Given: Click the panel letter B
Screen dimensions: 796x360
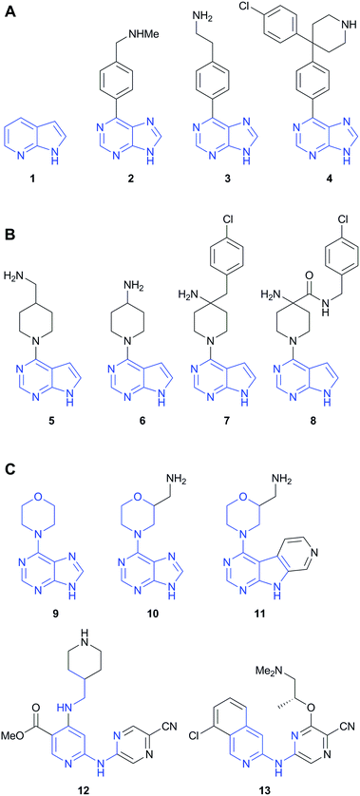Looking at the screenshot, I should pyautogui.click(x=9, y=219).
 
